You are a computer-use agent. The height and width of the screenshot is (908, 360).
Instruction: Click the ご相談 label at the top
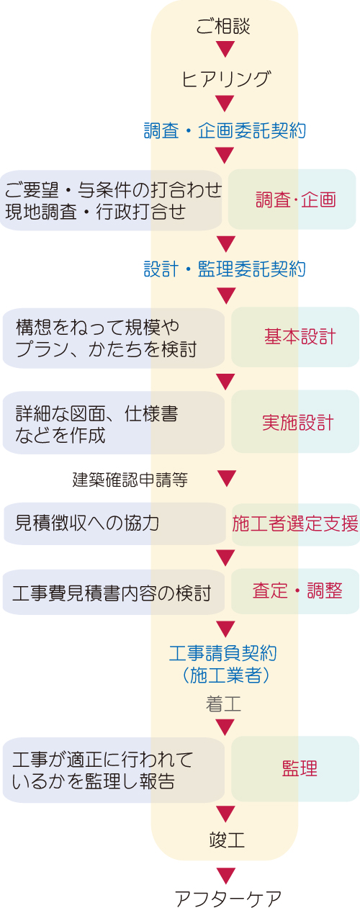pos(223,26)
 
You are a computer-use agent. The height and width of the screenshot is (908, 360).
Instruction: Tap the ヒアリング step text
pos(225,78)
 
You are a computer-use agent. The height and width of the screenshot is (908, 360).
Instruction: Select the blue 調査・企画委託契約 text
pos(225,130)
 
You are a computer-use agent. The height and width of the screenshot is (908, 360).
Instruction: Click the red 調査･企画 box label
pos(295,200)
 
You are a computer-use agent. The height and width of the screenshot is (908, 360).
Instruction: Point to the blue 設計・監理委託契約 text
pos(225,269)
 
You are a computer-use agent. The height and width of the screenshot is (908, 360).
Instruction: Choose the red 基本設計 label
pos(300,336)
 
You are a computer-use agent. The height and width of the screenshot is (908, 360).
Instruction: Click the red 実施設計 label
pos(298,423)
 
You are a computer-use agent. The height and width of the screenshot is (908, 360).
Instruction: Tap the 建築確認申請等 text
pos(130,480)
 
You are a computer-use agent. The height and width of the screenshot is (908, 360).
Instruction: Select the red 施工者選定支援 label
pos(295,523)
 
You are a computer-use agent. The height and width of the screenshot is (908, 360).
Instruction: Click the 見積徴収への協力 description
pos(86,523)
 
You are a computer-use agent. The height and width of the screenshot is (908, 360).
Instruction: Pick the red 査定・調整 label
pos(297,590)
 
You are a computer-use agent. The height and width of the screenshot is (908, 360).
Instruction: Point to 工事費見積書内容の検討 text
pos(112,593)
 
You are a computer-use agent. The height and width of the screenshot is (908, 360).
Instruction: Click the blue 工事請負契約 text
pos(223,653)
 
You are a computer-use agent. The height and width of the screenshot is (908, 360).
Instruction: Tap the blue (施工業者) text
pos(225,675)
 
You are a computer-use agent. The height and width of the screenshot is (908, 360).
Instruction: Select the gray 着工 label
pos(223,704)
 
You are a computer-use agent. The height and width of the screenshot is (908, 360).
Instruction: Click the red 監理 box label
pos(300,768)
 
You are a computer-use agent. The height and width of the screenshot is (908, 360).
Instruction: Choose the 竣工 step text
pos(227,840)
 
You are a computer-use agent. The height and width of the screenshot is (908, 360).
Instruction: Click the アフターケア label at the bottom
pos(228,899)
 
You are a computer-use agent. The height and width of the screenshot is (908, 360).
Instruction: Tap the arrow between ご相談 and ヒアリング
pos(225,50)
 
